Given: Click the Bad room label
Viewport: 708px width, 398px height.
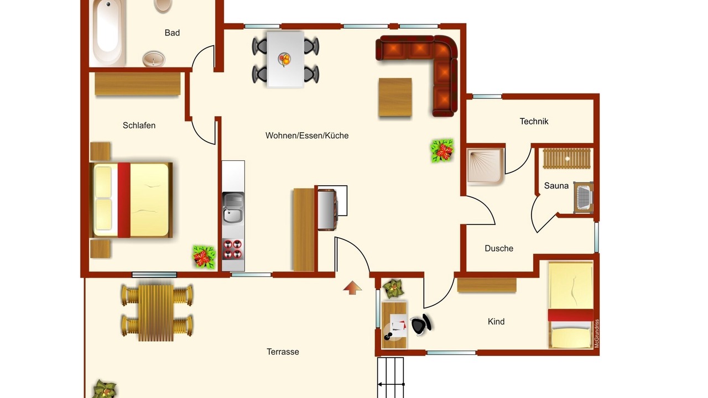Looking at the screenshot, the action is point(172,33).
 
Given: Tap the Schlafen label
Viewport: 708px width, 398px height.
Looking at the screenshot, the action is point(139,125).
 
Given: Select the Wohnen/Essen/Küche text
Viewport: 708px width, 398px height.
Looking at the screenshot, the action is point(307,135).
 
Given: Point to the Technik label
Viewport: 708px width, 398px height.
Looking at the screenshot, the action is point(534,121).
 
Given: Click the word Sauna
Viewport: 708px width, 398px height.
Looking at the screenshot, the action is point(556,186).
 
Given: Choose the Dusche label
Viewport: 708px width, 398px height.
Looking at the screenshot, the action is point(499,248).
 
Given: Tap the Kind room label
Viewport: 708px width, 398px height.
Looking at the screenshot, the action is point(496,322).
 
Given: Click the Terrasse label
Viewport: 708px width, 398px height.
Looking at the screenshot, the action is point(283,352).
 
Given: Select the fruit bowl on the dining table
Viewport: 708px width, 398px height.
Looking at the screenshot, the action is point(284,59).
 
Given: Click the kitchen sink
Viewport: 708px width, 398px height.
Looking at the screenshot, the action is point(233,208).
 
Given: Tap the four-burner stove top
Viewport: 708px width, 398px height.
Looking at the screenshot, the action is point(233,249).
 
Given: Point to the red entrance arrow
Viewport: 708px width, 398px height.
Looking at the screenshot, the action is point(352,287).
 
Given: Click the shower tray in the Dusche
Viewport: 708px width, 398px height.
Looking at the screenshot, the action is point(485,166).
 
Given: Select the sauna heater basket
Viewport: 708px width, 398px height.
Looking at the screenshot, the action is point(583,198).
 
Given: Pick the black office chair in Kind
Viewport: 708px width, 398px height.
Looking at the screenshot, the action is point(421,324).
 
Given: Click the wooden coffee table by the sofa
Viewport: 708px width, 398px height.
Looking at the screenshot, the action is point(395,97).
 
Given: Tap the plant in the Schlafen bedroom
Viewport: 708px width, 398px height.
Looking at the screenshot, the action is point(204,257).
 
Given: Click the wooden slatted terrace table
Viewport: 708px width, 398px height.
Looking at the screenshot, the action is point(156,313).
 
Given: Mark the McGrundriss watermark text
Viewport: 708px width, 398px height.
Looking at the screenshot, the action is point(597,333).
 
